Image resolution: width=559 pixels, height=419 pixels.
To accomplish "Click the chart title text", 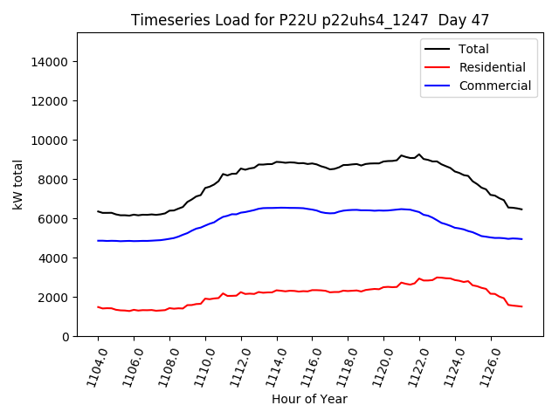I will coord(310,20).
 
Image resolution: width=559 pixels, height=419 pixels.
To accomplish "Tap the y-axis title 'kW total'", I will coord(18,184).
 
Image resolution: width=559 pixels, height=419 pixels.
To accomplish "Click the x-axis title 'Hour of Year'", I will coord(309,399).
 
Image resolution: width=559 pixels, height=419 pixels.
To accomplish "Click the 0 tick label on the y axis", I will coord(66,337).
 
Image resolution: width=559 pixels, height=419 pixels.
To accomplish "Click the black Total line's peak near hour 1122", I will coord(419,155).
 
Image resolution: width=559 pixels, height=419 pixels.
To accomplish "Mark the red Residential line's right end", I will coord(521,306).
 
